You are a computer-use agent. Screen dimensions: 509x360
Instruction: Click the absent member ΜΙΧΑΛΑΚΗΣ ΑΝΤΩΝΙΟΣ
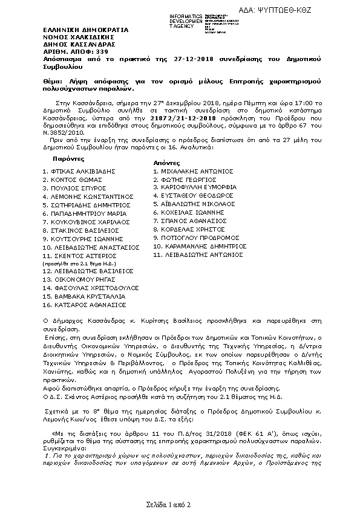(x=192, y=171)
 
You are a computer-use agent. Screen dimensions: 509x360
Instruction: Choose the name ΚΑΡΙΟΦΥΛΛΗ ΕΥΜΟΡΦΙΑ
(x=193, y=188)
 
